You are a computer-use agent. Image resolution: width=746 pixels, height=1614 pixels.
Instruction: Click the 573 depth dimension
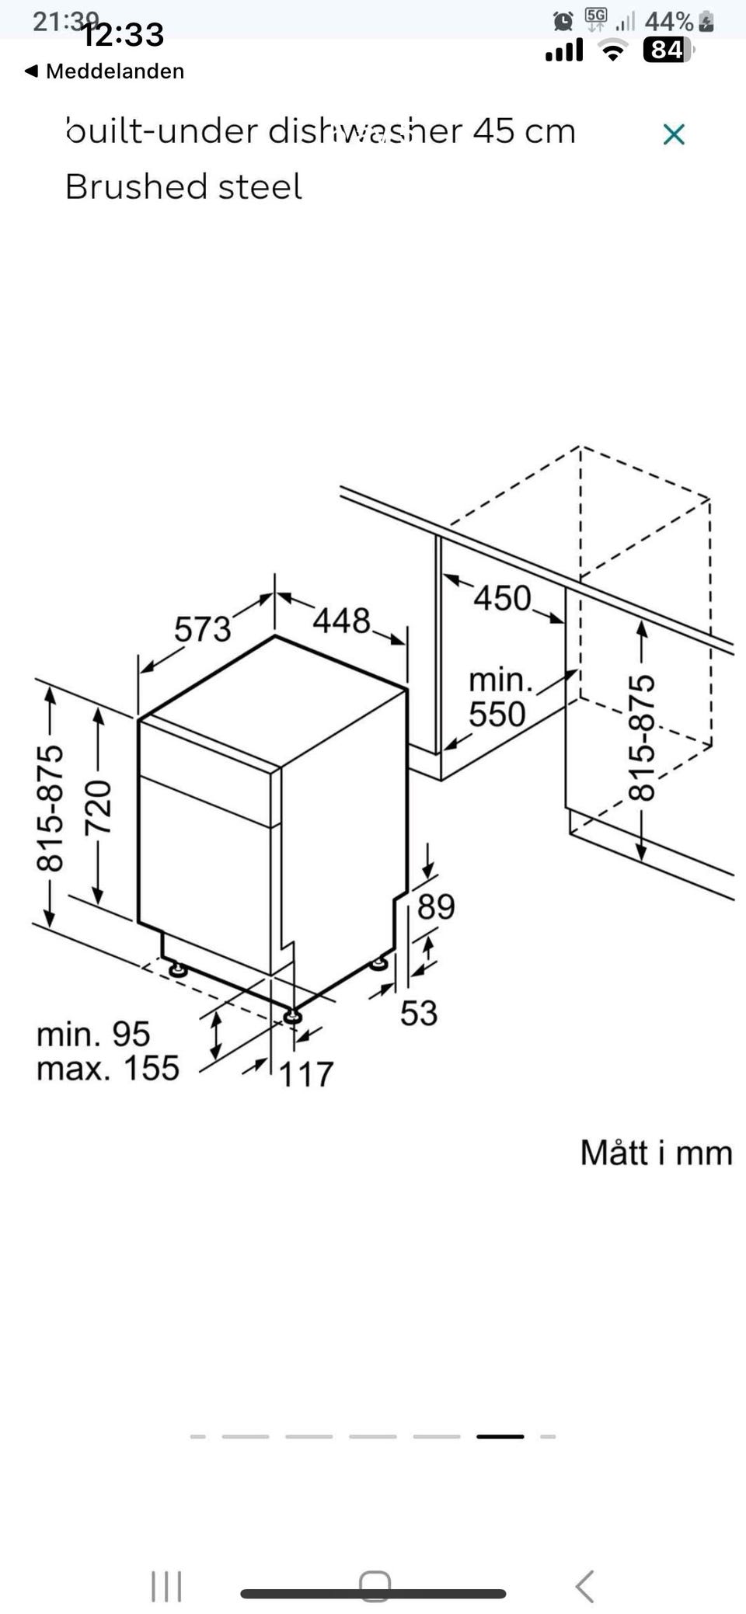click(202, 628)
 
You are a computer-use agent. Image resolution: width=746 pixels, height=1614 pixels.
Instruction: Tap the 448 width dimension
click(341, 621)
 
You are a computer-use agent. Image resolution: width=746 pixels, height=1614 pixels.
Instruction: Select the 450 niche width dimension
click(502, 598)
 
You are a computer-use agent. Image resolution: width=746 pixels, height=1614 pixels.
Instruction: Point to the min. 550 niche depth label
click(499, 697)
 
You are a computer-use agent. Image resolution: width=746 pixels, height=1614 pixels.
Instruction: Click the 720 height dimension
click(99, 808)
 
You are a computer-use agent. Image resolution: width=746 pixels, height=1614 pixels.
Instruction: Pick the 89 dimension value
click(436, 906)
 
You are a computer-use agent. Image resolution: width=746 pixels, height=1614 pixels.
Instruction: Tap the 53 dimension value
click(419, 1013)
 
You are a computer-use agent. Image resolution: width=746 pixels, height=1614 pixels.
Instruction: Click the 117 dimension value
click(306, 1075)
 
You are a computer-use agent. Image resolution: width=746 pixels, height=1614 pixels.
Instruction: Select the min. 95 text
click(93, 1034)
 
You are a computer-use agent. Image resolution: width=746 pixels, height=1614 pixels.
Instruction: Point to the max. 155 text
click(108, 1069)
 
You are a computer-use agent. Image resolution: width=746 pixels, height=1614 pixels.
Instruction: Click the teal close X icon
click(674, 134)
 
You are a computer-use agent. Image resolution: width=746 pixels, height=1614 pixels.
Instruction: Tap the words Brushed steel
click(183, 187)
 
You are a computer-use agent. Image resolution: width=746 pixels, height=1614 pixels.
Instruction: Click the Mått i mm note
click(656, 1153)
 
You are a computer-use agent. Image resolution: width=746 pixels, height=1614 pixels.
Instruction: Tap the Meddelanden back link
click(106, 71)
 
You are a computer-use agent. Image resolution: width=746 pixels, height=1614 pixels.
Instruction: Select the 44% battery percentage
click(668, 21)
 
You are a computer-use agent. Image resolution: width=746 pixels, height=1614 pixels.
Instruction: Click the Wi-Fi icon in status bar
click(614, 51)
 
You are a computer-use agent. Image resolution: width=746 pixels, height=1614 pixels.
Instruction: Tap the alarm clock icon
click(563, 21)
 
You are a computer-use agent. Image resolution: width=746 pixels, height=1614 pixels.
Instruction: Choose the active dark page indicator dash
click(500, 1436)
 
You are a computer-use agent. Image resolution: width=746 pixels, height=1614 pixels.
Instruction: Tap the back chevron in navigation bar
click(585, 1586)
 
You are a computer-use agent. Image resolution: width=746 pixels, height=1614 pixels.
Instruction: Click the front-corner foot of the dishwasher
click(292, 1016)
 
